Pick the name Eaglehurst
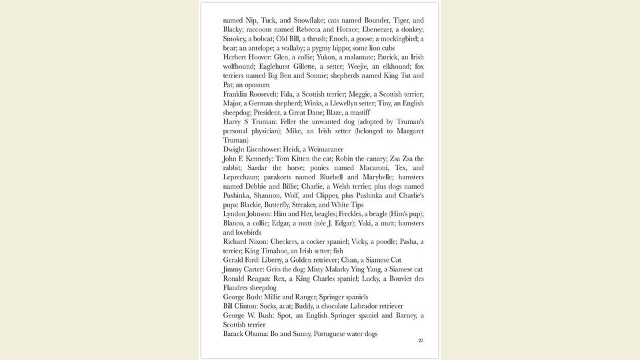pos(275,67)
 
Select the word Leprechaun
pos(243,177)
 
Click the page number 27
pos(421,341)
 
